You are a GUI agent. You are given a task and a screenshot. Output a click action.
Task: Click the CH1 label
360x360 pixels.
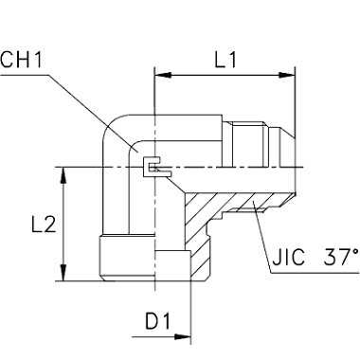[x=21, y=60]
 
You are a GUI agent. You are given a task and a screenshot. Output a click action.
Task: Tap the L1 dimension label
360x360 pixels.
[x=225, y=60]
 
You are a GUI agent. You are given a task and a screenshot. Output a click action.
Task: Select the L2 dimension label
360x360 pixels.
[x=44, y=225]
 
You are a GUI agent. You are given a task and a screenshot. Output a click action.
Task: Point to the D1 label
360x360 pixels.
[x=158, y=321]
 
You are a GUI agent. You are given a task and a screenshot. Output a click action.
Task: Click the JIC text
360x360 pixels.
[x=288, y=257]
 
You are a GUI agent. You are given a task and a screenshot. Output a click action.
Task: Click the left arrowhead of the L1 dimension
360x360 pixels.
[x=163, y=75]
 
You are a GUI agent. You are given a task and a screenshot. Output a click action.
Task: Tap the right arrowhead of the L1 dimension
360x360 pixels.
[x=286, y=75]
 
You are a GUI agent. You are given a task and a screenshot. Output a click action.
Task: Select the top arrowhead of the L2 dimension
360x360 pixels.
[x=63, y=175]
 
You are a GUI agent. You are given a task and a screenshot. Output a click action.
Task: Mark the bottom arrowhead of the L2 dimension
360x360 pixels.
[x=63, y=272]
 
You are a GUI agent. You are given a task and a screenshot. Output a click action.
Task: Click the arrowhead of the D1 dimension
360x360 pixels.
[x=183, y=336]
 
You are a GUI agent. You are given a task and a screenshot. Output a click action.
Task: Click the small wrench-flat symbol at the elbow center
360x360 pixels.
[x=156, y=167]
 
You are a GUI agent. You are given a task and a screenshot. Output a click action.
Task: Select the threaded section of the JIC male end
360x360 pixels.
[x=247, y=144]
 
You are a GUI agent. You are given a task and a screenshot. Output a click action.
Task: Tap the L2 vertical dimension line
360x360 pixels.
[x=63, y=224]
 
